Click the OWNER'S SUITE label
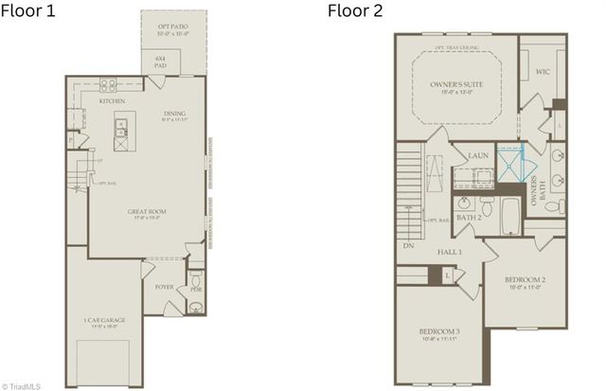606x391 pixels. click(x=457, y=85)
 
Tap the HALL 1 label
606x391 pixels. click(x=448, y=251)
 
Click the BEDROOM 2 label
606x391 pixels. click(x=526, y=280)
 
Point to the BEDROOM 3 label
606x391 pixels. click(x=439, y=331)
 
